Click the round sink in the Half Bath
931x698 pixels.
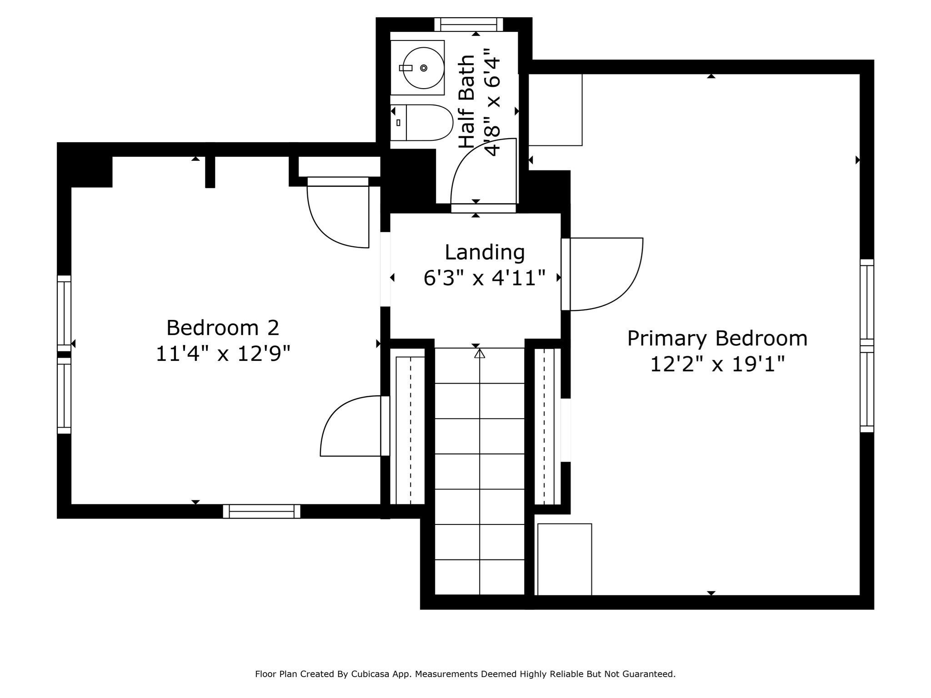[x=424, y=68]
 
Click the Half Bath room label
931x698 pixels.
[x=467, y=102]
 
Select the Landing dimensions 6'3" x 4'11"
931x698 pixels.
[x=485, y=278]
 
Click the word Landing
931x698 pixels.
[x=485, y=253]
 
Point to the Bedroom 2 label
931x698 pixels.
[x=223, y=328]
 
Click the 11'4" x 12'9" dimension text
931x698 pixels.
[x=223, y=354]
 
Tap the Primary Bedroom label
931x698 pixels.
[x=717, y=339]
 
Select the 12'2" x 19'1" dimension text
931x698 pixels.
[x=717, y=364]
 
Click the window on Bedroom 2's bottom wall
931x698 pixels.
[x=262, y=511]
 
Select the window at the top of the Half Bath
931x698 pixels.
[x=469, y=24]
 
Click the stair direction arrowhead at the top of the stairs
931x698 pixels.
[x=480, y=353]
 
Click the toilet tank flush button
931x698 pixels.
[x=399, y=123]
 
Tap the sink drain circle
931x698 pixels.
[x=424, y=68]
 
